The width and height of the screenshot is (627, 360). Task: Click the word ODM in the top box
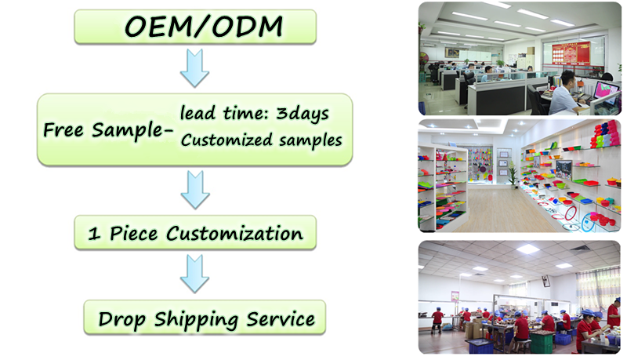[x=247, y=27]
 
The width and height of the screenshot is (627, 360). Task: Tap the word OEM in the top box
[x=159, y=27]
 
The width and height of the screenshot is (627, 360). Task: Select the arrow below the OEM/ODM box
[x=194, y=68]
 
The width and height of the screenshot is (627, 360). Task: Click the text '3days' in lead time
[x=303, y=114]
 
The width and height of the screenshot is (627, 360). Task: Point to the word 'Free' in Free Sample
[x=63, y=129]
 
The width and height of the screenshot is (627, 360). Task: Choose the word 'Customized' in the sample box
[x=227, y=140]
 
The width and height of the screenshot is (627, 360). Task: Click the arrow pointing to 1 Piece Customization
[x=195, y=190]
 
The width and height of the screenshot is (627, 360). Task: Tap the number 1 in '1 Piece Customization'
[x=94, y=234]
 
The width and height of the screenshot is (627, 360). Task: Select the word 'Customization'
[x=234, y=234]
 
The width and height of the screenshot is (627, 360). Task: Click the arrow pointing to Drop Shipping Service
[x=194, y=274]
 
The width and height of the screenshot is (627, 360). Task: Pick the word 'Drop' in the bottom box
[x=122, y=320]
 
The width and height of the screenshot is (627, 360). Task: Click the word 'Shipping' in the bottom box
[x=196, y=320]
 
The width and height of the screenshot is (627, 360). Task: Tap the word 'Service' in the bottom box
[x=281, y=319]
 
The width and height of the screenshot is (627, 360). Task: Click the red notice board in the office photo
[x=571, y=53]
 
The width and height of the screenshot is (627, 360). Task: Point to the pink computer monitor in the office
[x=606, y=89]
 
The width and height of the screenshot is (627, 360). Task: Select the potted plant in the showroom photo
[x=513, y=174]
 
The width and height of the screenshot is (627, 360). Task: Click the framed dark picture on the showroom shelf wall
[x=564, y=169]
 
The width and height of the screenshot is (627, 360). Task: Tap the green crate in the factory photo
[x=542, y=343]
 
